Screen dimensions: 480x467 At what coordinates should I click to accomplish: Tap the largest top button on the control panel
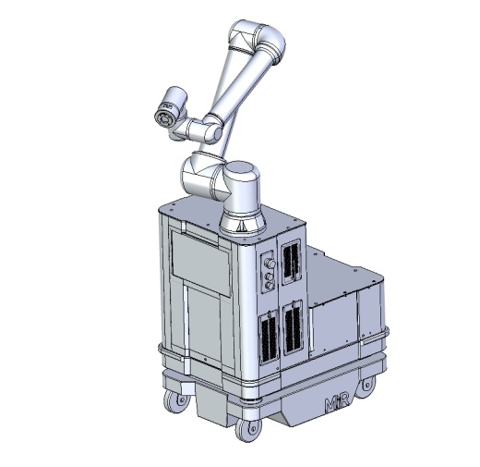point(270,264)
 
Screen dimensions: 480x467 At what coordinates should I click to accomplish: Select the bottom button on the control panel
point(270,286)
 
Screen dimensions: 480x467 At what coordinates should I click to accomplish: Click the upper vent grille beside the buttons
point(291,262)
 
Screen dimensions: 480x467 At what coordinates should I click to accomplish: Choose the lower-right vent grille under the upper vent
point(293,328)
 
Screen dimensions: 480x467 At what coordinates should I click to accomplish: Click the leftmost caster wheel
point(176,401)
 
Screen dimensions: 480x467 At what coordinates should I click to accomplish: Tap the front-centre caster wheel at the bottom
point(248,429)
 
